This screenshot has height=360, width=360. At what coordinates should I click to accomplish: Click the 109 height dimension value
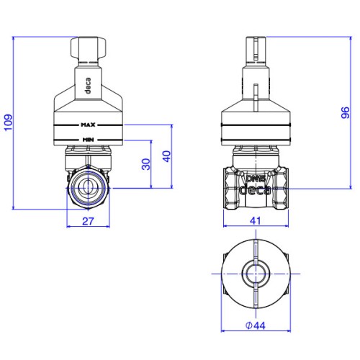coord(9,122)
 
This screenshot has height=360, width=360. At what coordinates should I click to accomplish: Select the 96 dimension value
coord(345,112)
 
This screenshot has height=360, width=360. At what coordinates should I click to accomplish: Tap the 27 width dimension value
coord(88,221)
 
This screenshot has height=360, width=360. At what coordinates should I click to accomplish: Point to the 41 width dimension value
coord(255,221)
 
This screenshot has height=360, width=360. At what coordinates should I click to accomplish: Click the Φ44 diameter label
coord(256,325)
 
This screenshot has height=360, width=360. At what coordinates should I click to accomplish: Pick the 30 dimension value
coord(146,164)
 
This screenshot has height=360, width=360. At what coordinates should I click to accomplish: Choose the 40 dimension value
coord(166,156)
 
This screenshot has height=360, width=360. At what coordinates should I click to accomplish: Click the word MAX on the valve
coord(88,125)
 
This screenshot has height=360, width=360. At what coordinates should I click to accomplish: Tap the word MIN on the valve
coord(88,140)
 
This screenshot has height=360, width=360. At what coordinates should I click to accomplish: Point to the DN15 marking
coord(256,179)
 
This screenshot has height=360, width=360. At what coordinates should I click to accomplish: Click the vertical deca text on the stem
coord(88,86)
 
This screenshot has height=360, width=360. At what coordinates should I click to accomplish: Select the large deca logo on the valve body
coord(256,189)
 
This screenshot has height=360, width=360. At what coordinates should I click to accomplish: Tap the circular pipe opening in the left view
coord(88,188)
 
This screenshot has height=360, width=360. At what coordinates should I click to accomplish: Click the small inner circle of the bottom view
coord(256,274)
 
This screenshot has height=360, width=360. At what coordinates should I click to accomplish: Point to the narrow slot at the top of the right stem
coord(256,48)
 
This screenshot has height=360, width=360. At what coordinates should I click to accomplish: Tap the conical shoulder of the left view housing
coord(89,99)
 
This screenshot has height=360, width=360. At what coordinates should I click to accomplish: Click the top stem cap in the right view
coord(256,49)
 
